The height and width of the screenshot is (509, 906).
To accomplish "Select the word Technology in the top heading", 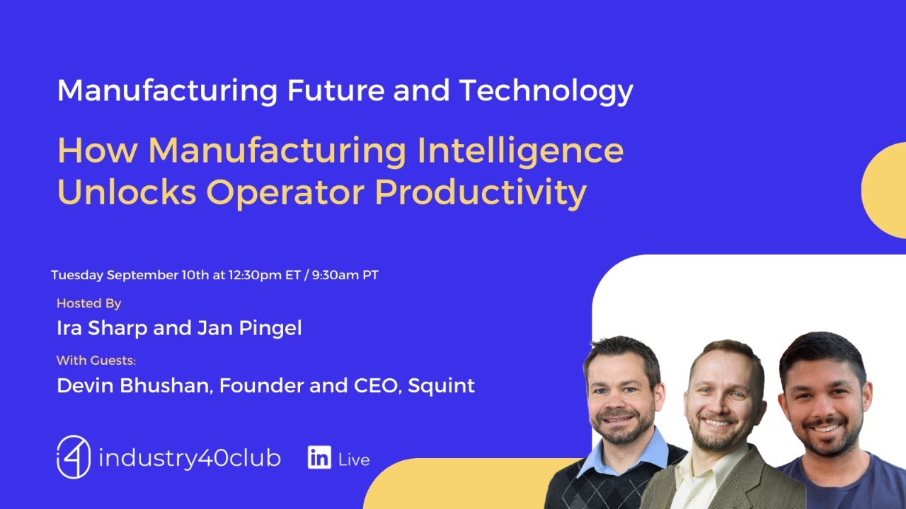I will click(x=546, y=90).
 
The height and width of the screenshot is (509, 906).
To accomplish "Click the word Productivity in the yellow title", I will click(x=481, y=192).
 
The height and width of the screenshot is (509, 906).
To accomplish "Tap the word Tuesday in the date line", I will click(x=77, y=275).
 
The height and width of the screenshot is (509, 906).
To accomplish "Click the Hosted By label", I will click(x=88, y=303).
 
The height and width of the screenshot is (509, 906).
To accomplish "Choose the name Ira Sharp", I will click(x=102, y=328).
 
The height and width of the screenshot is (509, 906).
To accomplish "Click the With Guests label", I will click(x=96, y=361).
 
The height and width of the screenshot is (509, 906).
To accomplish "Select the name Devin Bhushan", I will click(x=134, y=386).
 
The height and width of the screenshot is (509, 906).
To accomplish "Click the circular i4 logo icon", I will click(x=74, y=457).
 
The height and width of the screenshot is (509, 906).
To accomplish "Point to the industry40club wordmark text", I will click(x=189, y=458).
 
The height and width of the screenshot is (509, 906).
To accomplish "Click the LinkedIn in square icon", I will click(x=319, y=458).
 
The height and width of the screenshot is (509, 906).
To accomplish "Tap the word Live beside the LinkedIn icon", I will click(x=354, y=460).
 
